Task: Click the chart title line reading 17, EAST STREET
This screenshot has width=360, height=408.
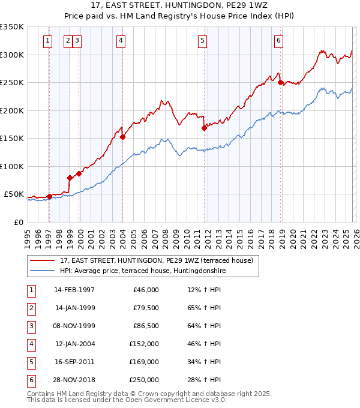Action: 179,5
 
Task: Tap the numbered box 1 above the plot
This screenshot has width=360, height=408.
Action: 47,41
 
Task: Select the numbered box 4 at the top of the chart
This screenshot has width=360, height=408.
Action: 121,41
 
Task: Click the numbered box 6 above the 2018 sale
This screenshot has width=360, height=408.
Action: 279,41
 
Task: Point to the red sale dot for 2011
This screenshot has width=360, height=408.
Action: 204,128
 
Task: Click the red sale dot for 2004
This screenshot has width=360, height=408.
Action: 122,137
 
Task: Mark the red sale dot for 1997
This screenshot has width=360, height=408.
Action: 49,196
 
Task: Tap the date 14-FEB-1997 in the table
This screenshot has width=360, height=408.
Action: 74,290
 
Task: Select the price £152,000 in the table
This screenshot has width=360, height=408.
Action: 144,344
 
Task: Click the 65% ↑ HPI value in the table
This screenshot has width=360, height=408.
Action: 205,308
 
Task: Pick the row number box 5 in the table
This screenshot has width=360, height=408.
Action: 30,362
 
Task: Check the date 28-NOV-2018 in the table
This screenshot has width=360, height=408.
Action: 74,380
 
